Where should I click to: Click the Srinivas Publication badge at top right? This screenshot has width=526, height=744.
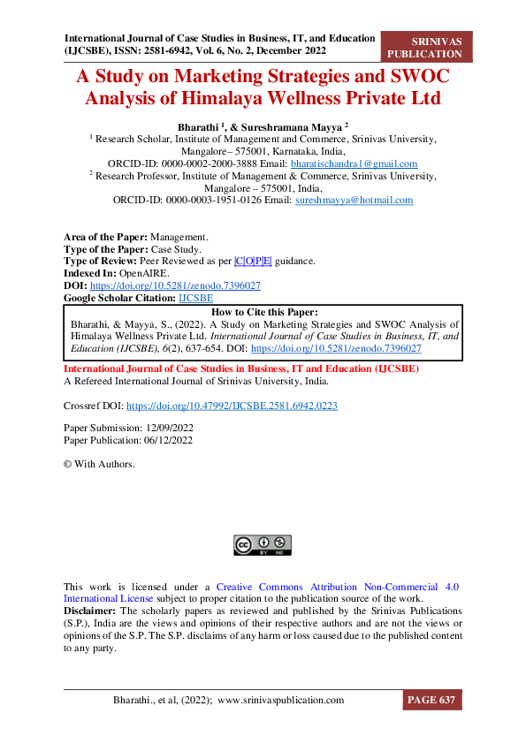(x=425, y=47)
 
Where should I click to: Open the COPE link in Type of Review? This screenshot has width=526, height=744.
(x=253, y=262)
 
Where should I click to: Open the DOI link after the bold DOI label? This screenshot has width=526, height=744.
(x=175, y=286)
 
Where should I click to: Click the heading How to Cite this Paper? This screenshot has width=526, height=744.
(x=263, y=312)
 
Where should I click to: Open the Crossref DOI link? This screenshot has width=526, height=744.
(x=232, y=406)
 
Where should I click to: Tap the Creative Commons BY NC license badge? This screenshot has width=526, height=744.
(x=263, y=544)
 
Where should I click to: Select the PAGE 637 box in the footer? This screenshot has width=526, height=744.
(x=431, y=700)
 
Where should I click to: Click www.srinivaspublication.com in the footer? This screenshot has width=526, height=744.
(x=280, y=700)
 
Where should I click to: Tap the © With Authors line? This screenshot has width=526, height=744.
(x=99, y=464)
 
